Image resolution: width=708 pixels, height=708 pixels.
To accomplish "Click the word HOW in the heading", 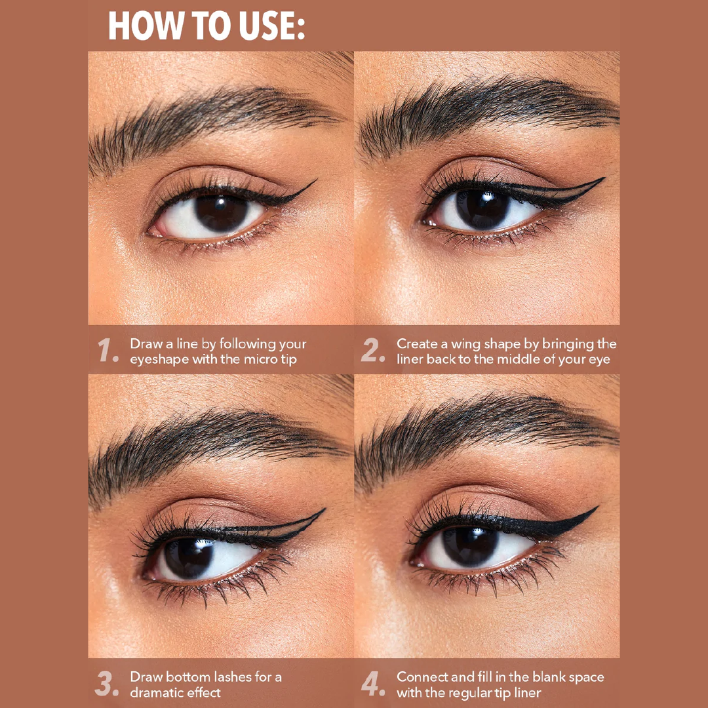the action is pos(144,26).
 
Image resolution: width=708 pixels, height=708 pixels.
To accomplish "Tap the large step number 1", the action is pos(108,350).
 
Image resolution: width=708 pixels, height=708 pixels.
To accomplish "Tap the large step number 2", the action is pos(373,350).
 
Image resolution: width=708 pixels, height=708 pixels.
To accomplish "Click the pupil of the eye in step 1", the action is pos(222,212).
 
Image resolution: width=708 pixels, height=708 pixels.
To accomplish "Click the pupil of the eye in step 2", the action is pos(483,208).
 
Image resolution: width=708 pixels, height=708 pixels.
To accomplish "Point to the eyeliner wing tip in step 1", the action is pos(315,181).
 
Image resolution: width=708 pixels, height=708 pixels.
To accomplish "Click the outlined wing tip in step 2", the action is pos(603,179).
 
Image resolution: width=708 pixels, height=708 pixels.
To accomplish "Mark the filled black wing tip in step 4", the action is pos(597,507).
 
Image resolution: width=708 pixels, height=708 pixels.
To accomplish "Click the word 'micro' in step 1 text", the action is pos(261,360).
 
